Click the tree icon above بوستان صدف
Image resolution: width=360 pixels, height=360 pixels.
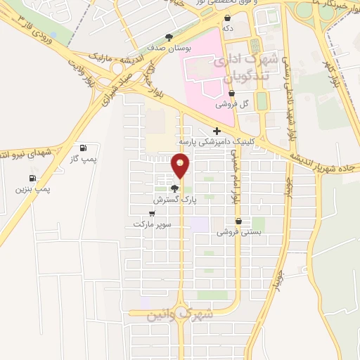169,37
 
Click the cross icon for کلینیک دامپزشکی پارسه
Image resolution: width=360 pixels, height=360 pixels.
217,131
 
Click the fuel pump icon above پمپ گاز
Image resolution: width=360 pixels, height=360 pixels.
84,148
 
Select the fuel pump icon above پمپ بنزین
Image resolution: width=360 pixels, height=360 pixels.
32,178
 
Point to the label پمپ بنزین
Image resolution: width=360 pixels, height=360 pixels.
32,189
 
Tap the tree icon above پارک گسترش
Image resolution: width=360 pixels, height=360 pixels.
174,188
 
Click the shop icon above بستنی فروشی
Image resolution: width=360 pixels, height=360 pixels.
238,221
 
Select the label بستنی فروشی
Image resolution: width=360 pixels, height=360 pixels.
247,231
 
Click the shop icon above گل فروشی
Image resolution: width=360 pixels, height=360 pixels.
231,92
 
